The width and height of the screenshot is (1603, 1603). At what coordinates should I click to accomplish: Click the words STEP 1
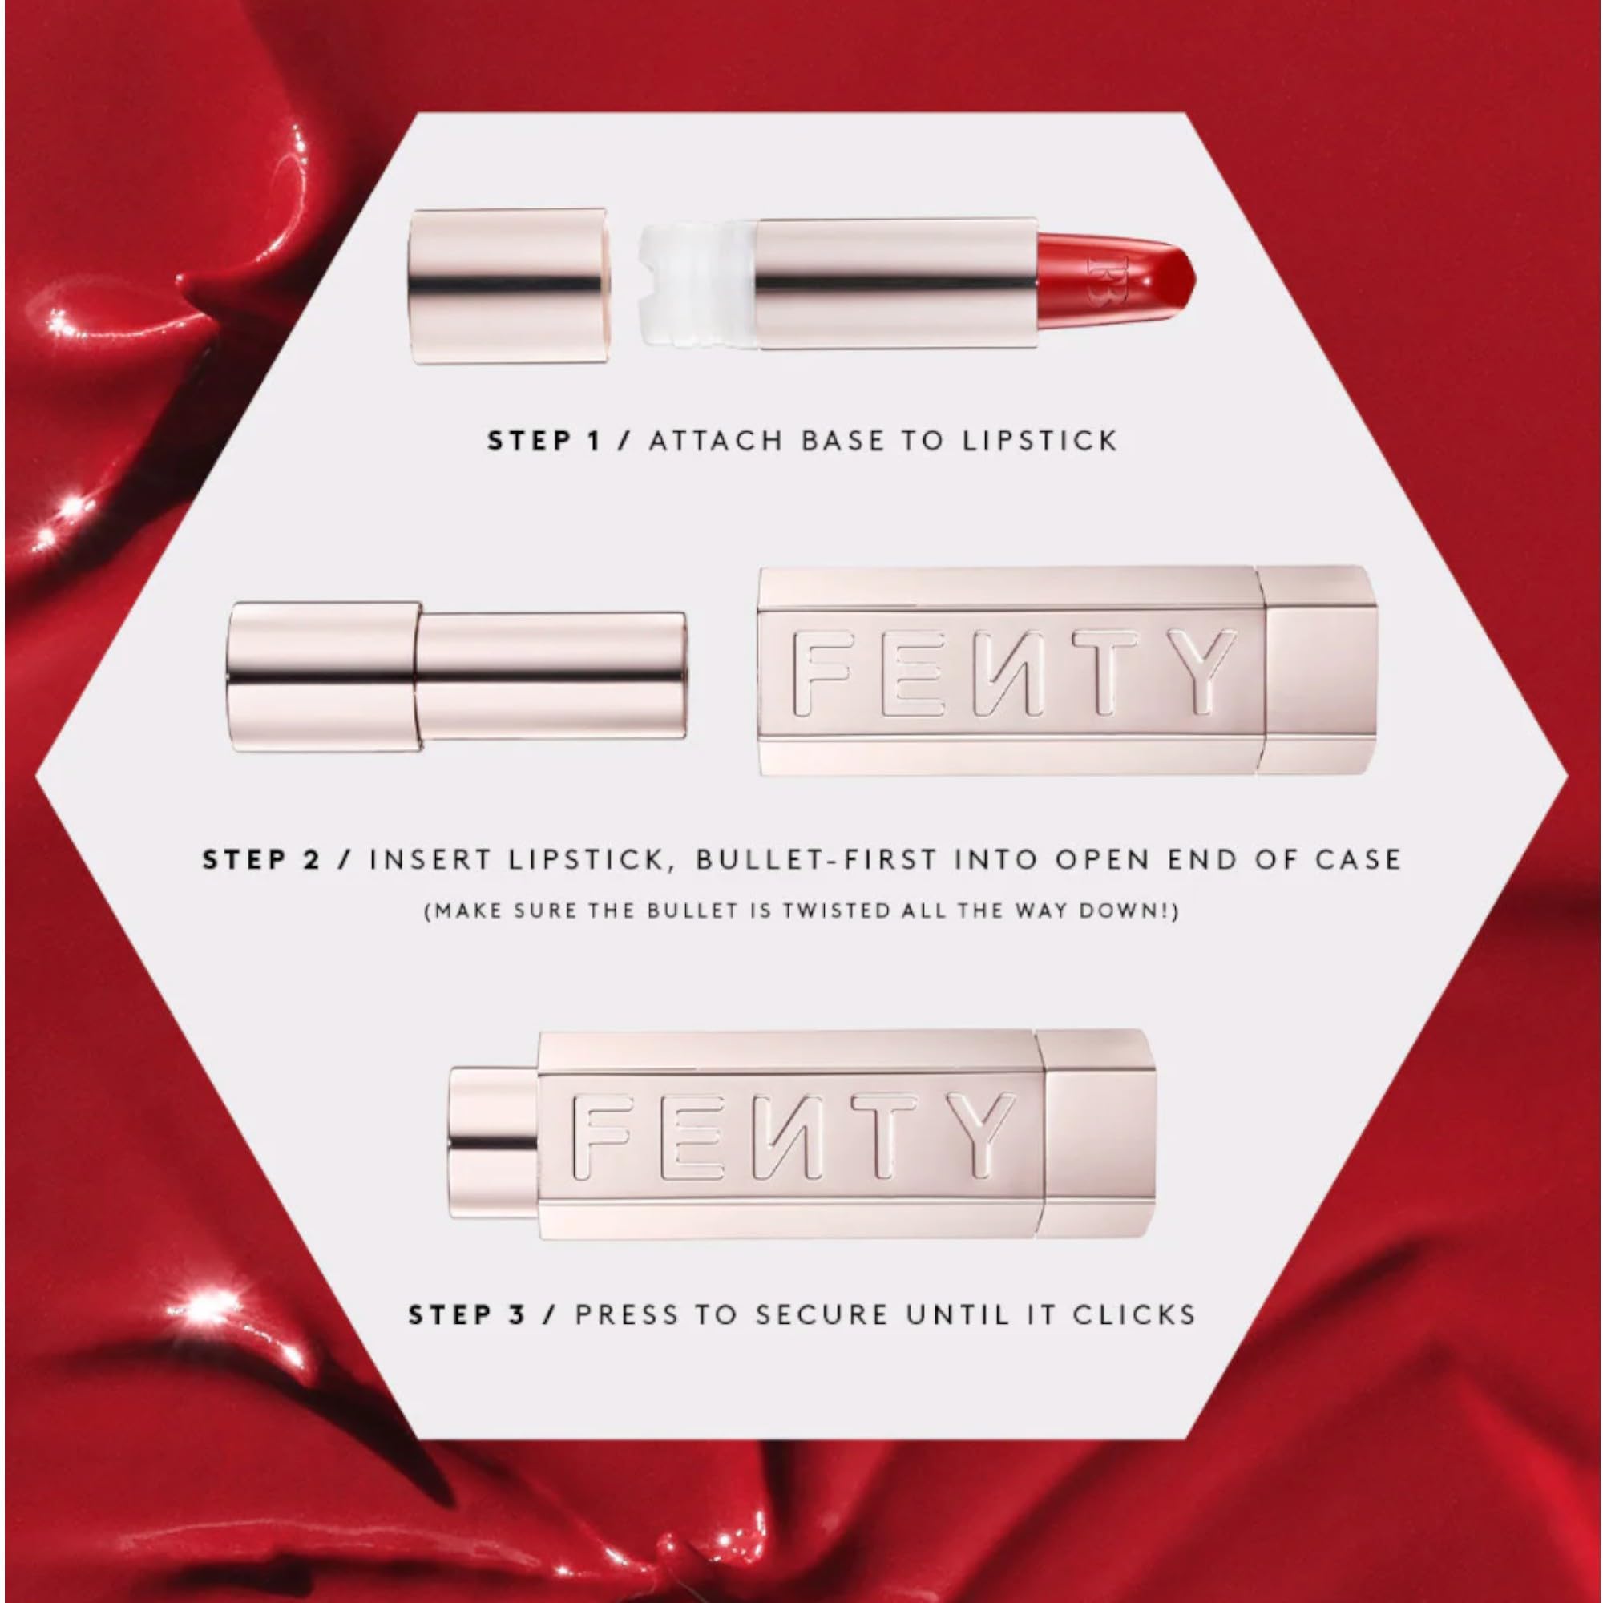(543, 441)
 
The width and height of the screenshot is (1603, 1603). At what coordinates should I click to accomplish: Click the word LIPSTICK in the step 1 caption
(1040, 441)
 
